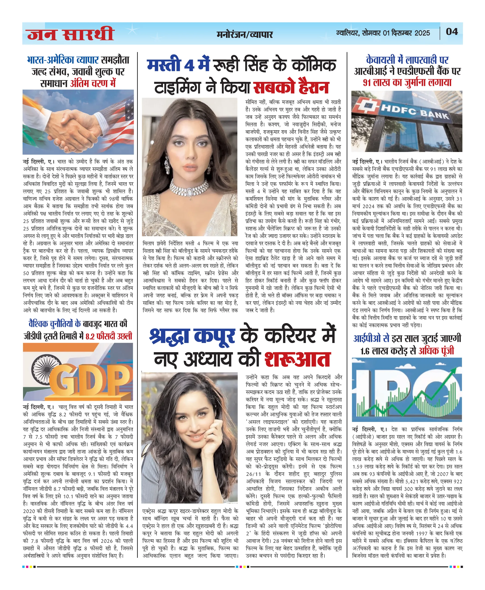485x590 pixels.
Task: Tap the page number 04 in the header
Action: tap(452, 31)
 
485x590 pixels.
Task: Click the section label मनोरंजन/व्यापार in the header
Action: tap(245, 34)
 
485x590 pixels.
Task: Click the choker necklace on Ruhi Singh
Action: tap(190, 189)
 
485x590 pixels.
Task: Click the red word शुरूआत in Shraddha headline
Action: tap(297, 359)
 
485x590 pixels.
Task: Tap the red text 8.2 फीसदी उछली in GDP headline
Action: tap(109, 336)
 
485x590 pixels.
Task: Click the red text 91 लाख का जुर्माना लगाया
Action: tap(407, 83)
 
